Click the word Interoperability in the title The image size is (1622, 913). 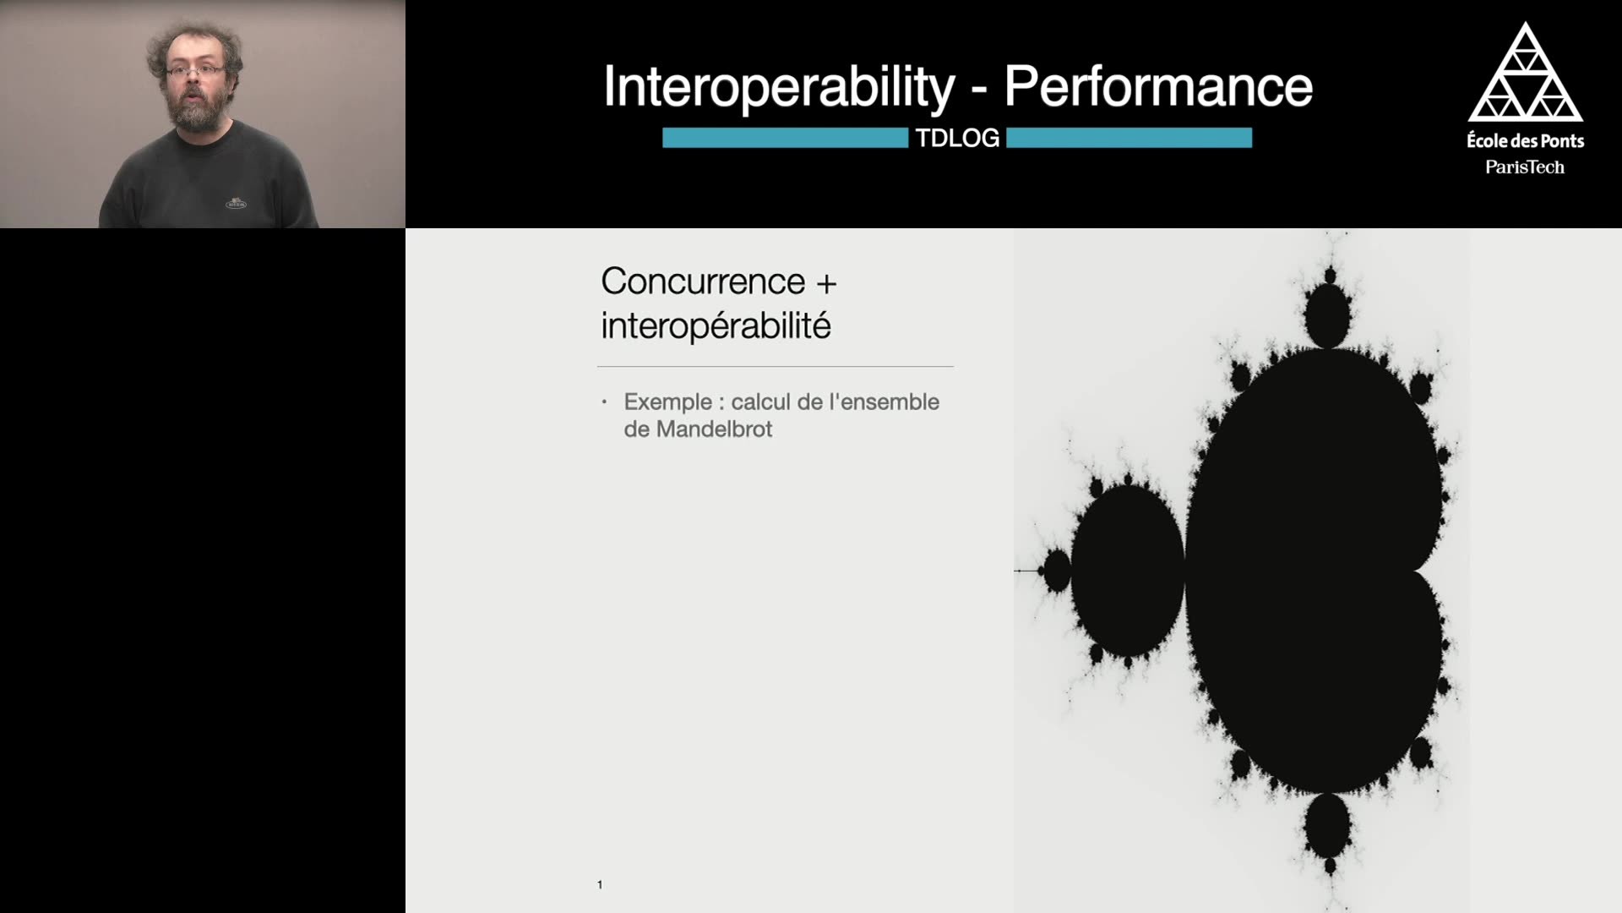[779, 87]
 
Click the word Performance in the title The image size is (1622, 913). [1158, 86]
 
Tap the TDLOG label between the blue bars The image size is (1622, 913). [957, 138]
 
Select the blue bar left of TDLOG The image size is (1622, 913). [785, 138]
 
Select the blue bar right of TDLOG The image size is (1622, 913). [1129, 138]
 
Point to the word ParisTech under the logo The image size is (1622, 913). [1525, 167]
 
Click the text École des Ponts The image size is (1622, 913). [1525, 140]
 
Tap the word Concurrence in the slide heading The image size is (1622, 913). [703, 282]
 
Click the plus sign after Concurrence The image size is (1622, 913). [826, 284]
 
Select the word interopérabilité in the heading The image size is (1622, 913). [716, 325]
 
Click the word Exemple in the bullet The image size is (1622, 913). [667, 402]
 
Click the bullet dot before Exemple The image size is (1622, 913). [604, 402]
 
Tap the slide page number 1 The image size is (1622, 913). [600, 885]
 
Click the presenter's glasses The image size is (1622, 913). [195, 71]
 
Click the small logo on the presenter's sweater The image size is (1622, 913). [236, 204]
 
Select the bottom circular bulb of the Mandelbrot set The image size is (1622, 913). [1327, 825]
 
